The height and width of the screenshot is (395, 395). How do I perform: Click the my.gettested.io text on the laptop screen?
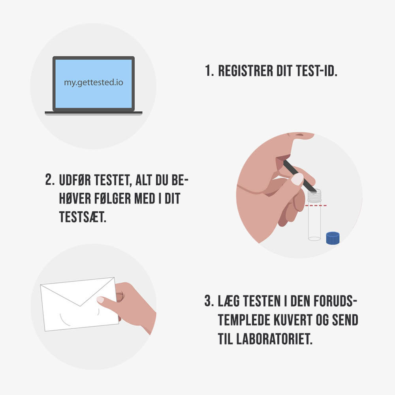click(94, 83)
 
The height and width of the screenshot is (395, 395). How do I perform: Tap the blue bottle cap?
click(333, 238)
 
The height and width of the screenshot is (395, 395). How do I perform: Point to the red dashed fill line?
click(316, 206)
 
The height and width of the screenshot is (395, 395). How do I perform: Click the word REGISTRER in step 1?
click(245, 71)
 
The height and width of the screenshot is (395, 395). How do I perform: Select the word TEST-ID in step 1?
click(316, 71)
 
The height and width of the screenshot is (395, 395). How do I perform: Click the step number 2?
click(50, 180)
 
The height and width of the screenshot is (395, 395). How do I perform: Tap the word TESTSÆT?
click(83, 217)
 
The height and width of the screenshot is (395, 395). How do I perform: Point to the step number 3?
click(209, 301)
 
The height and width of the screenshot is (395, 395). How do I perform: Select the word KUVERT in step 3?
click(293, 320)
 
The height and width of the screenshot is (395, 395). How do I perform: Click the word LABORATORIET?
click(275, 339)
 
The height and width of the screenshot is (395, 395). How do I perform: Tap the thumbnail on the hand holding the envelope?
click(100, 299)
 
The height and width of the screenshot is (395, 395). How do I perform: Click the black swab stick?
click(299, 176)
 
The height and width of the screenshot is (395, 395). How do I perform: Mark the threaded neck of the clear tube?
click(314, 196)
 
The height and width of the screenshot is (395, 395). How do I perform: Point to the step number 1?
click(209, 71)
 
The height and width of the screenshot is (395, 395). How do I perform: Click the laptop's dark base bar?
click(94, 113)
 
